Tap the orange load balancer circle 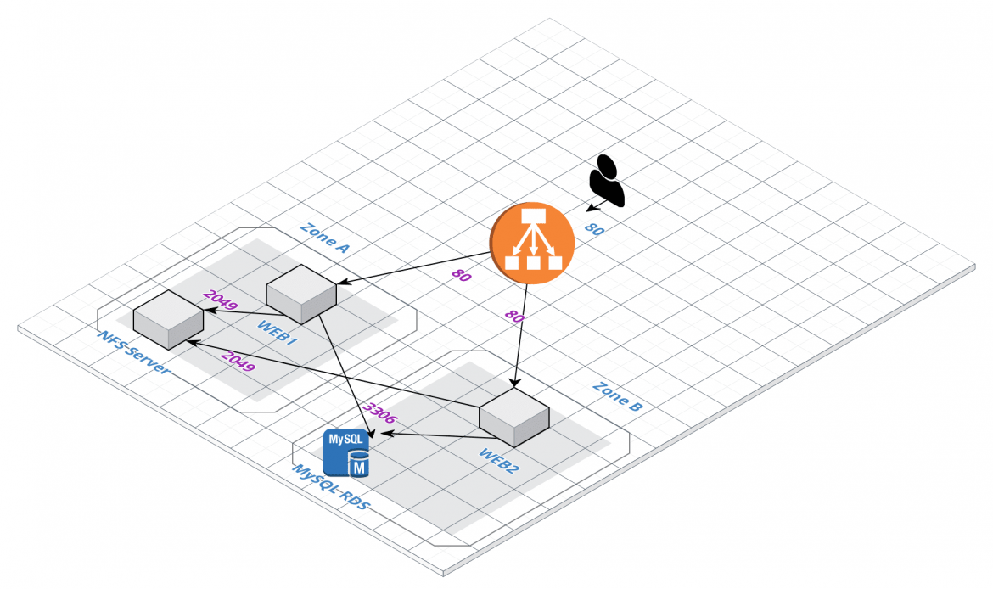click(533, 243)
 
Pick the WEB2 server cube click(514, 417)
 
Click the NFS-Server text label click(133, 353)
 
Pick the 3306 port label click(378, 412)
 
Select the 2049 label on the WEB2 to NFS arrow click(238, 362)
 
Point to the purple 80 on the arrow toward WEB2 click(514, 317)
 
